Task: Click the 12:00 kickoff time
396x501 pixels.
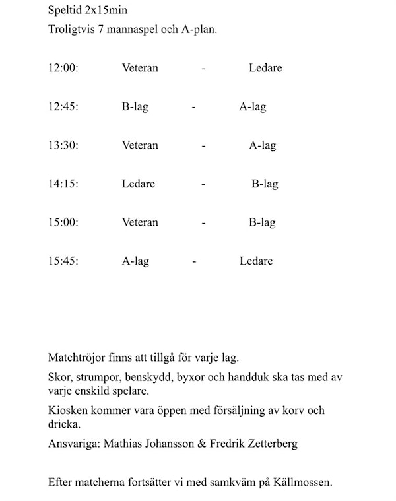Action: pyautogui.click(x=63, y=68)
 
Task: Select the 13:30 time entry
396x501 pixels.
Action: pyautogui.click(x=63, y=145)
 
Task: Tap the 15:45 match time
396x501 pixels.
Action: pyautogui.click(x=63, y=261)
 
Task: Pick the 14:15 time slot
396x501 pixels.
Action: pyautogui.click(x=63, y=184)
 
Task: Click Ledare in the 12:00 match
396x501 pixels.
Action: pyautogui.click(x=265, y=68)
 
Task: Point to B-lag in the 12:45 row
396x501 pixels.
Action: pyautogui.click(x=135, y=107)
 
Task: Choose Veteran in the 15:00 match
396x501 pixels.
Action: pyautogui.click(x=140, y=222)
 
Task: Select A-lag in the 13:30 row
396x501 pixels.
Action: pyautogui.click(x=262, y=145)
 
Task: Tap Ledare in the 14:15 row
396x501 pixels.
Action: pyautogui.click(x=139, y=184)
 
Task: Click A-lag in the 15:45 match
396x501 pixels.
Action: pyautogui.click(x=135, y=261)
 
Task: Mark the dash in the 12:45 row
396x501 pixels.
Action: pyautogui.click(x=193, y=107)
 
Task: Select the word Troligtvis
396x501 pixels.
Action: pyautogui.click(x=71, y=30)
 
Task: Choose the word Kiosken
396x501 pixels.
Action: pyautogui.click(x=68, y=411)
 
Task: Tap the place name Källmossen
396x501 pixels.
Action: pyautogui.click(x=303, y=483)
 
